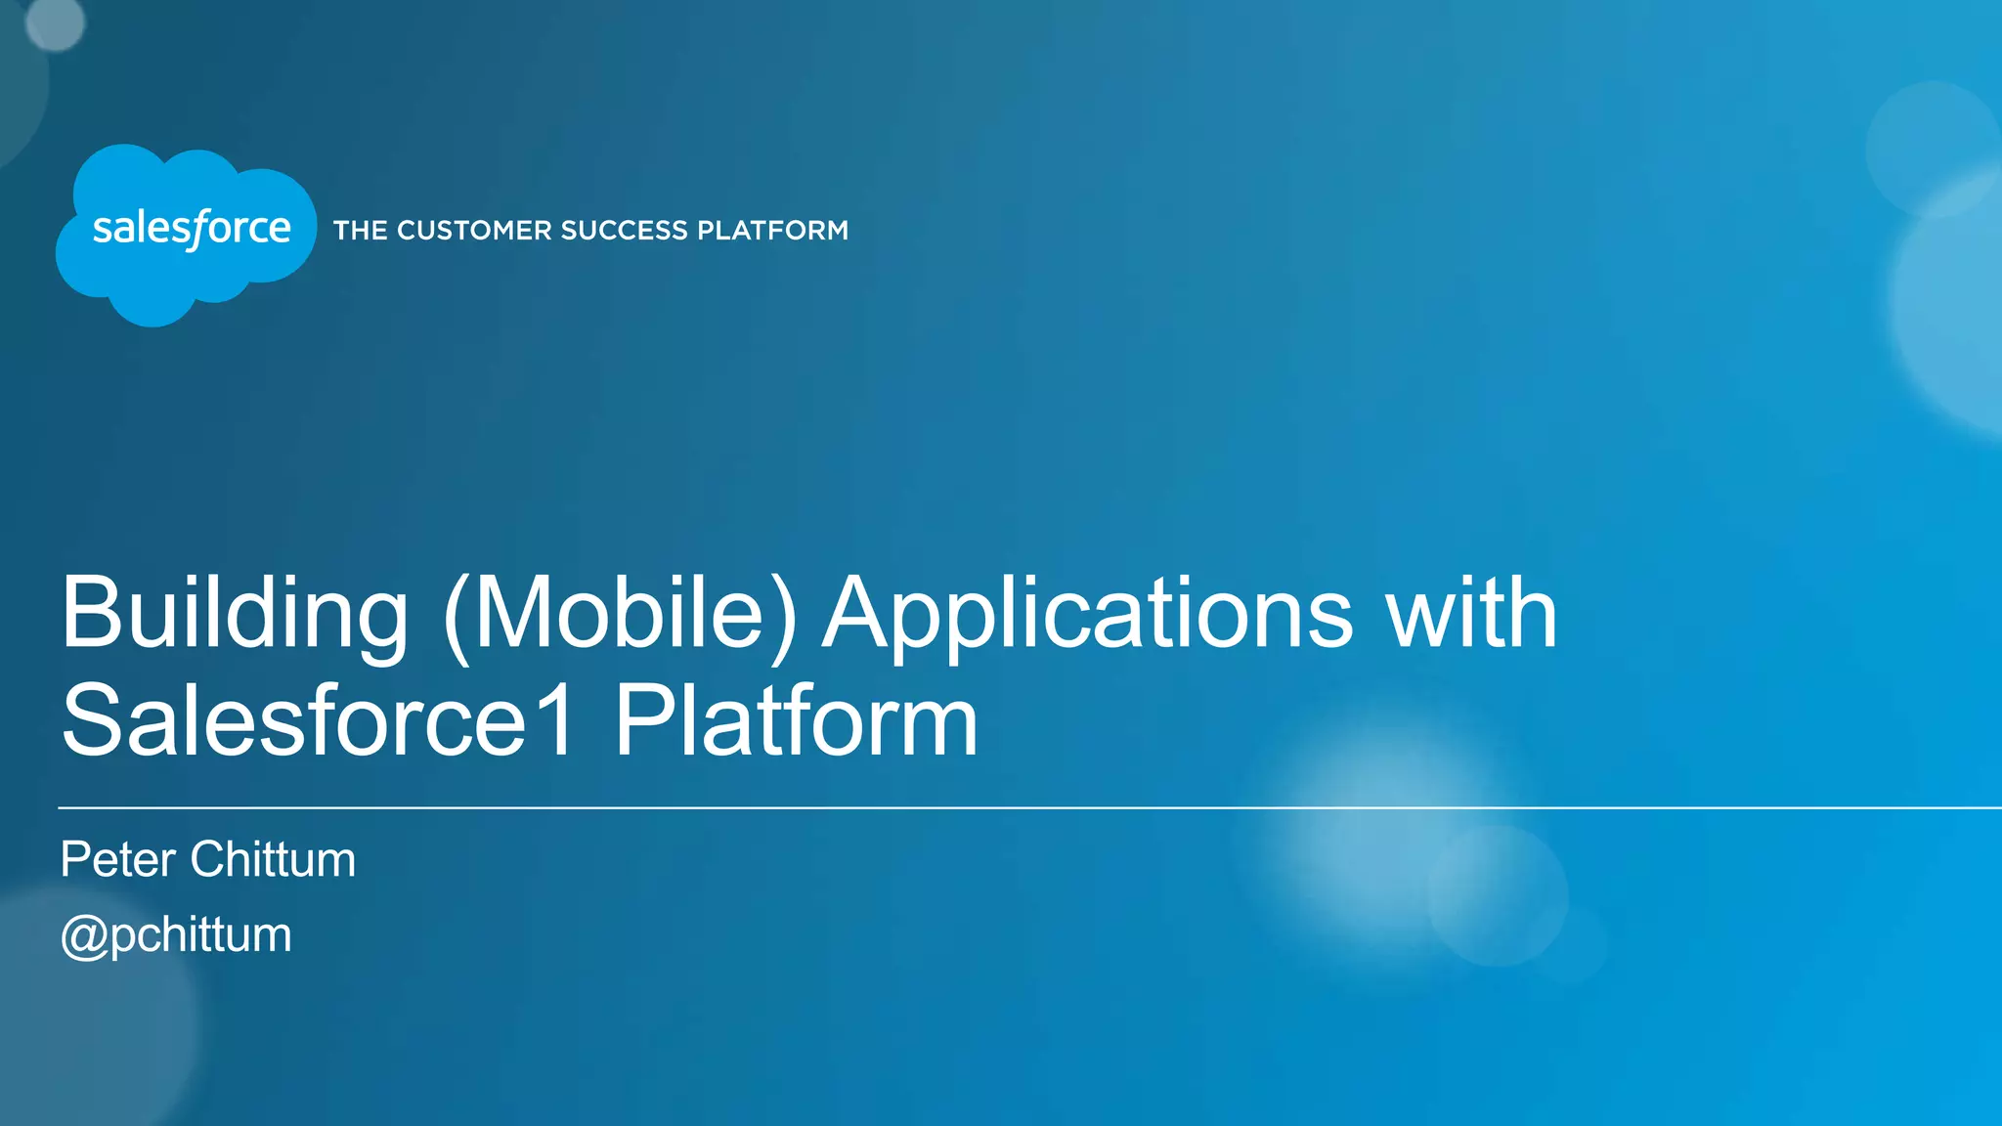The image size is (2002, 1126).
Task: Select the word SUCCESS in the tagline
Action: coord(624,231)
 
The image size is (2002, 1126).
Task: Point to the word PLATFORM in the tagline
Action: coord(772,231)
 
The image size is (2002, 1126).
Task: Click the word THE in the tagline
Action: coord(361,231)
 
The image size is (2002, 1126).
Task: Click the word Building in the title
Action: coord(235,614)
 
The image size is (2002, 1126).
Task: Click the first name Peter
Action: coord(118,860)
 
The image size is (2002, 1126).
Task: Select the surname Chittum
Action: coord(273,860)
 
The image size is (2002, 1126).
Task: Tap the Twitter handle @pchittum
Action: coord(176,935)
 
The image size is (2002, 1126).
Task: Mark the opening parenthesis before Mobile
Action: coord(457,616)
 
